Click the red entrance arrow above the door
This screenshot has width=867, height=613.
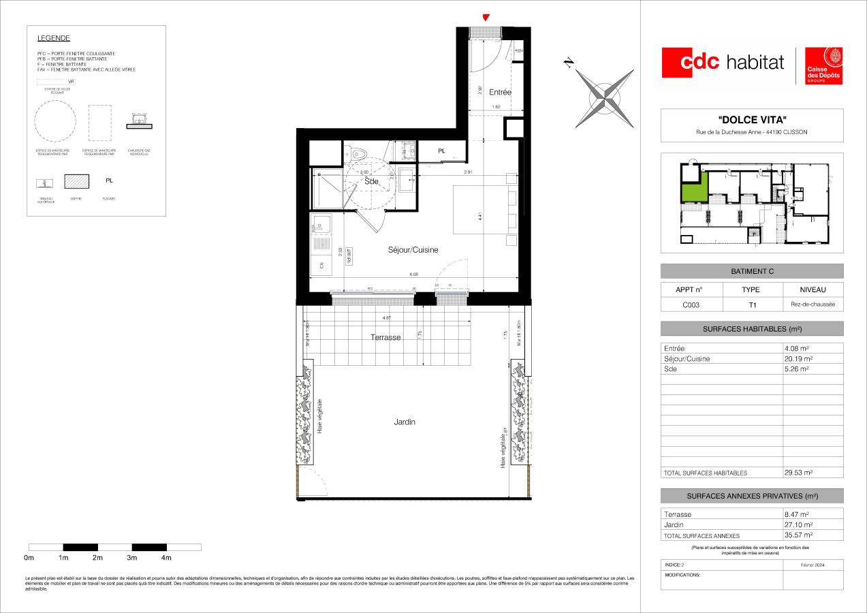(x=485, y=18)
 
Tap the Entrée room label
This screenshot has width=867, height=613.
(x=500, y=92)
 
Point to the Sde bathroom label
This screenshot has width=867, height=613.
(x=371, y=182)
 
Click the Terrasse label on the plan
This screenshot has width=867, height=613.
(x=385, y=337)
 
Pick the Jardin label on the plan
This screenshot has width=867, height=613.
(x=405, y=422)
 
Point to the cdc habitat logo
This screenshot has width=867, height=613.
(x=723, y=62)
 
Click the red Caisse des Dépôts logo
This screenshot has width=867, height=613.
(x=824, y=66)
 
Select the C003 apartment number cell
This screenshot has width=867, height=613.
(x=692, y=305)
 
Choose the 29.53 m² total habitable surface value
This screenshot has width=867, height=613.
(x=798, y=472)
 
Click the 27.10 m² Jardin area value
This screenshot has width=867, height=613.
(x=798, y=525)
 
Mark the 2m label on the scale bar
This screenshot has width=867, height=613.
(x=97, y=558)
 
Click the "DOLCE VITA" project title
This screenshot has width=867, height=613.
(x=752, y=120)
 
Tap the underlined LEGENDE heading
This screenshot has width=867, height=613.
(x=53, y=39)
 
